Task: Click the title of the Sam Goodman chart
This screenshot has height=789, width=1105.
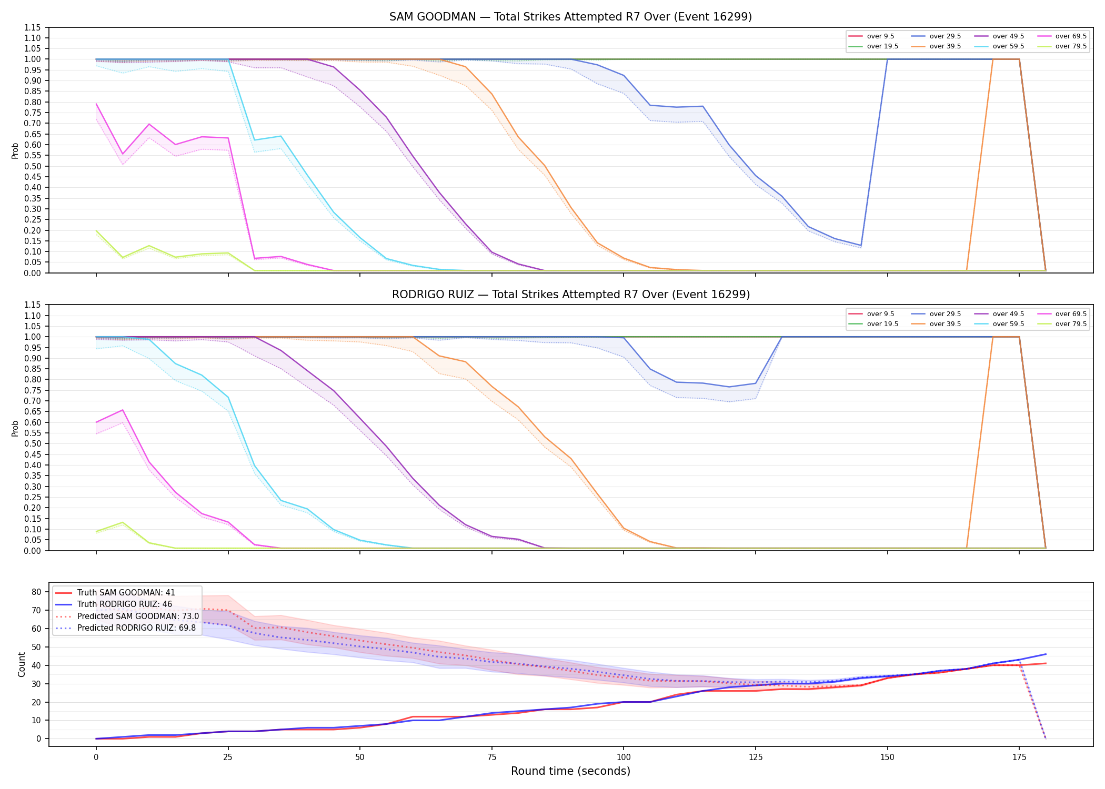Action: tap(570, 17)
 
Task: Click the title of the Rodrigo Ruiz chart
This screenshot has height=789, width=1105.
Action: tap(570, 295)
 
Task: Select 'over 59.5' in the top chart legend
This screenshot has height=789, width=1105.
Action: tap(1008, 46)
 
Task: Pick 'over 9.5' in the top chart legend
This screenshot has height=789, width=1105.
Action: tap(880, 36)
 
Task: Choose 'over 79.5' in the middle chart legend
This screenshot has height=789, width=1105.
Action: tap(1071, 324)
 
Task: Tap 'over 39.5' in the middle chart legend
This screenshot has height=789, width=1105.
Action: tap(945, 324)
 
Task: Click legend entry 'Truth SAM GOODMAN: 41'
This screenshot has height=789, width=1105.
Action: tap(126, 593)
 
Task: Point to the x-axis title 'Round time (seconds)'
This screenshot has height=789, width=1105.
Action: tap(570, 771)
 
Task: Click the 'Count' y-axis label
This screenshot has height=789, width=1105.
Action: tap(22, 664)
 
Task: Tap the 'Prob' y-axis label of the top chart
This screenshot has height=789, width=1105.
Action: tap(15, 151)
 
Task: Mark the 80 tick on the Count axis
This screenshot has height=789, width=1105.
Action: tap(36, 592)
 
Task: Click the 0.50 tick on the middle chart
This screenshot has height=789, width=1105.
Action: tap(33, 444)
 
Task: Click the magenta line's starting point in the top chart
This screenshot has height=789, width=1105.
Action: tap(96, 104)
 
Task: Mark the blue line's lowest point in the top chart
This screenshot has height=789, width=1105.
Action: tap(861, 246)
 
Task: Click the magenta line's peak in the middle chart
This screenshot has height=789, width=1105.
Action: tap(123, 410)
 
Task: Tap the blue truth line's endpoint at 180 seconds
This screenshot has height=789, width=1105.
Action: tap(1046, 654)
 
